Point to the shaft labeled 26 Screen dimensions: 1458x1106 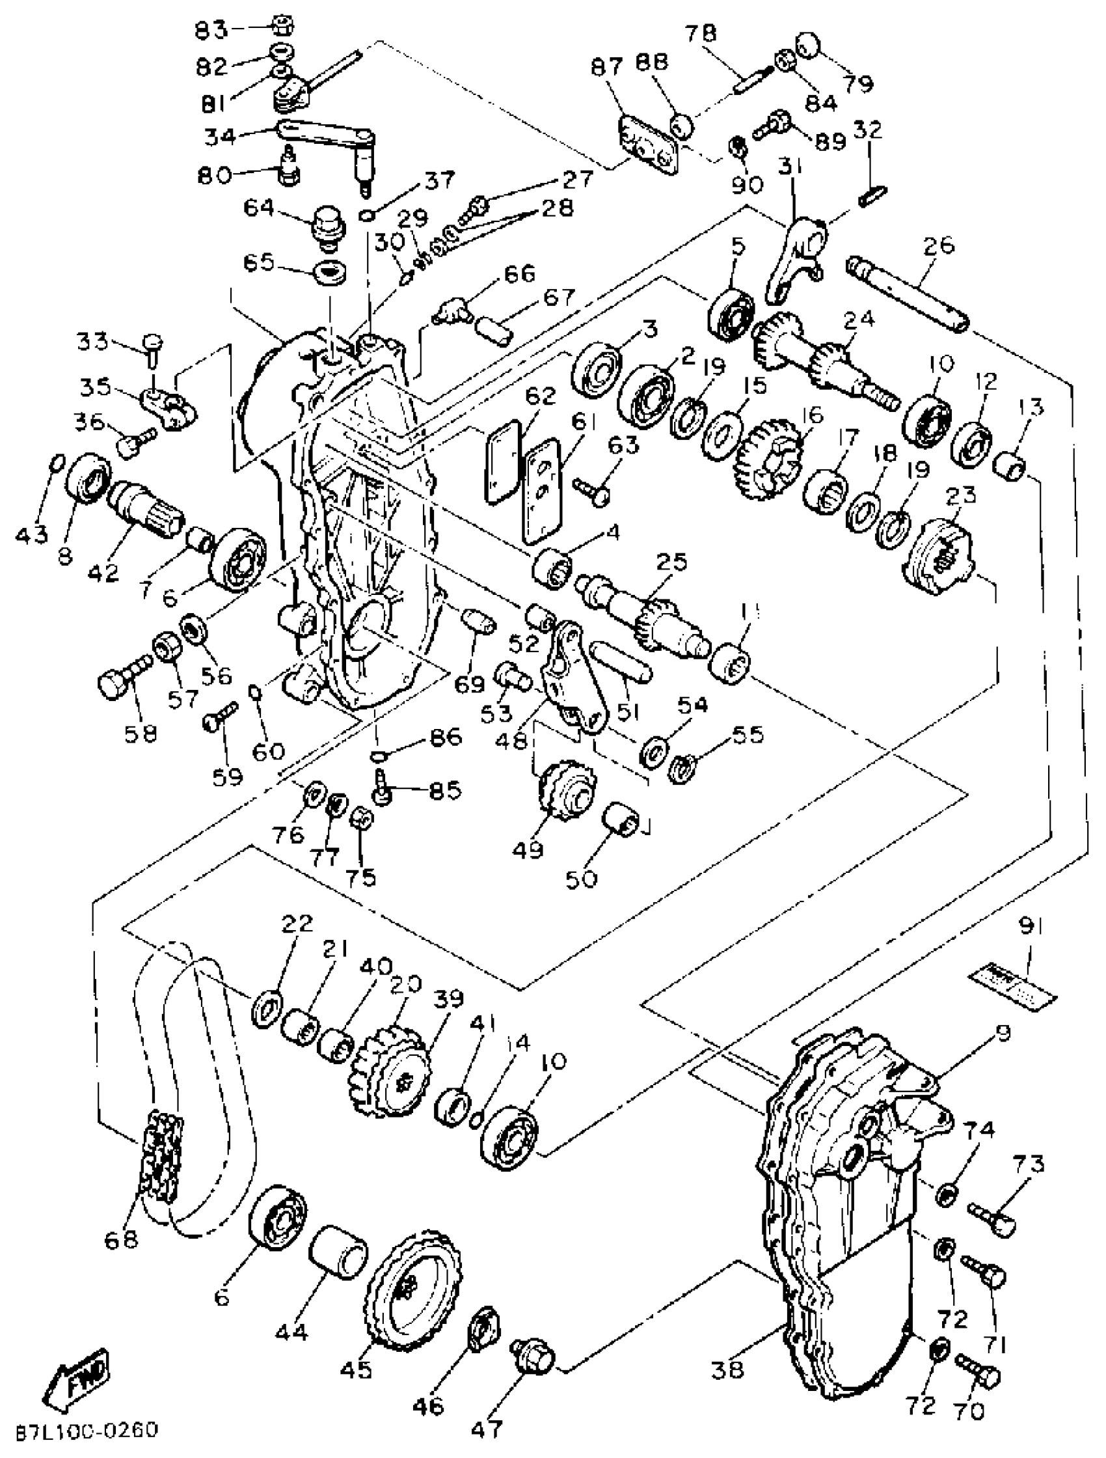pos(909,295)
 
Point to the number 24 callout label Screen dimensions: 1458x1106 pos(858,320)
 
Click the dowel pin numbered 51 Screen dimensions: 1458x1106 pos(622,664)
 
